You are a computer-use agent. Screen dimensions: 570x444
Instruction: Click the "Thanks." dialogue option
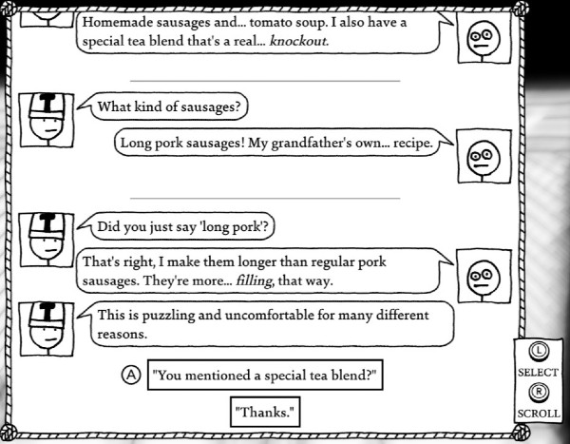point(265,412)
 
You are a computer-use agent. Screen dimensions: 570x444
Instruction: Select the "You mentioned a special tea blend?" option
point(265,375)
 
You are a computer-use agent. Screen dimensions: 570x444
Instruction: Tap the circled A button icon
point(131,375)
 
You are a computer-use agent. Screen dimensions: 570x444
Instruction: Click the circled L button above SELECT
point(539,351)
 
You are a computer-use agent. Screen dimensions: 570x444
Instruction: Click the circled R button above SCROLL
point(539,392)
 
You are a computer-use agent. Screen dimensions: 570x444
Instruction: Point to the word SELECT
point(538,373)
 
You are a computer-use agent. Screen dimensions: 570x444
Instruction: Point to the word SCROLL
point(539,414)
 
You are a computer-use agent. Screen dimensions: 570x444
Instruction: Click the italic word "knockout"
point(298,41)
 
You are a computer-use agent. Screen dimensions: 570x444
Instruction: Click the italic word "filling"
point(254,281)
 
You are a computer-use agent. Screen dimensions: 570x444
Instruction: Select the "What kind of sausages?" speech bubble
point(169,106)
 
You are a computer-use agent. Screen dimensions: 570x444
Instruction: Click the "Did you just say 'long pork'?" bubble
point(182,226)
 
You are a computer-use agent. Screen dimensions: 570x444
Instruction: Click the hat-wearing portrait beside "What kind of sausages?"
point(47,120)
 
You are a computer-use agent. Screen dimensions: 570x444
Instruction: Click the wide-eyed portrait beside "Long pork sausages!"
point(484,156)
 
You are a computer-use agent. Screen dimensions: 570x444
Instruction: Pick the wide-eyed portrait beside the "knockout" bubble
point(484,38)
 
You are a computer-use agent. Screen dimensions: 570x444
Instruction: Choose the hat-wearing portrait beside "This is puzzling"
point(47,329)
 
